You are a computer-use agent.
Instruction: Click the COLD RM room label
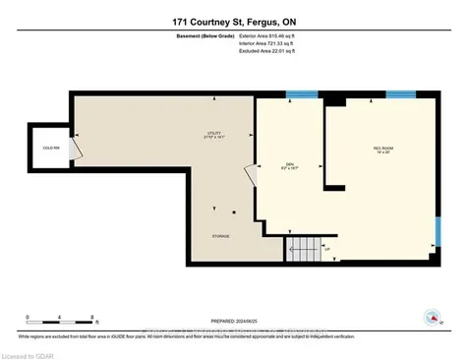pyautogui.click(x=48, y=150)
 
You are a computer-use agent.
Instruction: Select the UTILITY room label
pyautogui.click(x=213, y=134)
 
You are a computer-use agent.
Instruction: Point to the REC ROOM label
pyautogui.click(x=382, y=150)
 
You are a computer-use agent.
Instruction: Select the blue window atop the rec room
pyautogui.click(x=400, y=94)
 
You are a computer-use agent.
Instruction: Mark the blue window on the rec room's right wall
pyautogui.click(x=438, y=231)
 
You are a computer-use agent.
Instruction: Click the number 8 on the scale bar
pyautogui.click(x=92, y=318)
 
